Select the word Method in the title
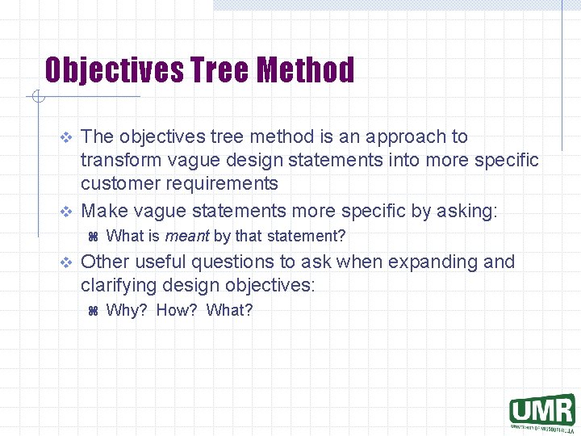[x=306, y=70]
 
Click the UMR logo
[x=541, y=411]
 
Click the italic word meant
[x=187, y=237]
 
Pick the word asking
[x=466, y=212]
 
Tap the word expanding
[x=424, y=262]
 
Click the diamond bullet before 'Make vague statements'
[x=67, y=212]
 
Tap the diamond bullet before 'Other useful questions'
[x=67, y=263]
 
